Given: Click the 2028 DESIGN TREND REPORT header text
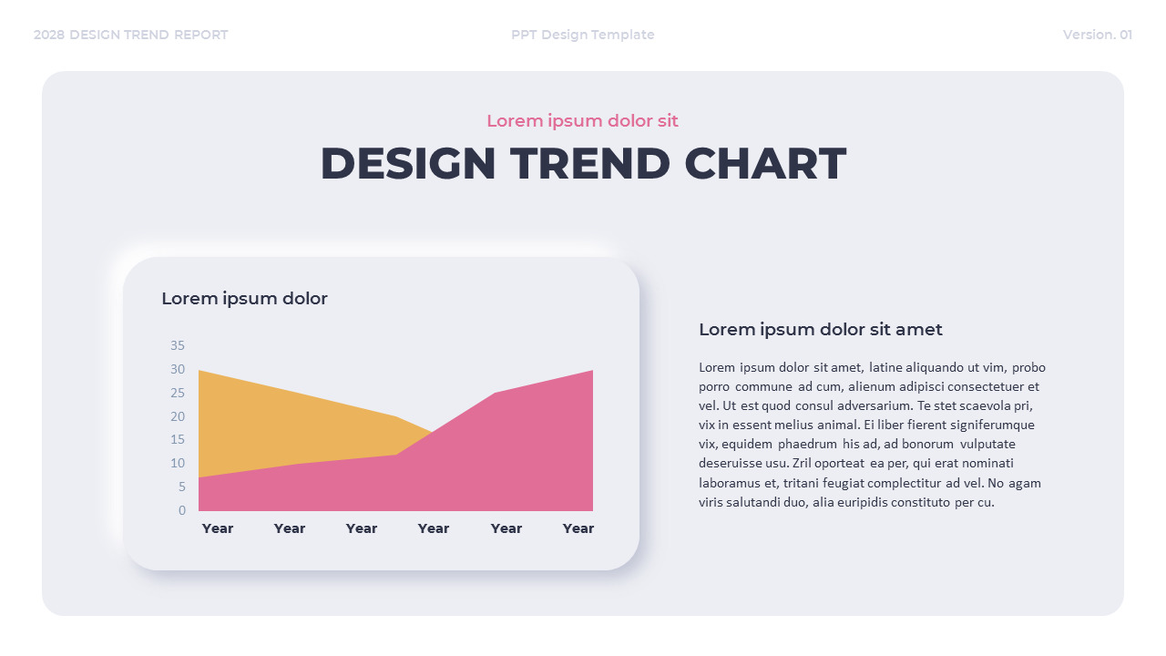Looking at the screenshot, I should coord(130,35).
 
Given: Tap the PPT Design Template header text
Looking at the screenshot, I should coord(582,35).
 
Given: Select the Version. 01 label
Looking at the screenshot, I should coord(1097,35).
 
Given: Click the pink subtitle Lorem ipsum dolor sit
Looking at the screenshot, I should coord(582,121).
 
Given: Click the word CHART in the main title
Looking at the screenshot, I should coord(765,164).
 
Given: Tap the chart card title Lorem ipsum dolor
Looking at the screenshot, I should coord(244,299).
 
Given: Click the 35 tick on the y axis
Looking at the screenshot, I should coord(177,345).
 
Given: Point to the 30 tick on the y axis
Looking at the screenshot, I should coord(177,369).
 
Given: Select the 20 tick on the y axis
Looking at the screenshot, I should coord(177,416).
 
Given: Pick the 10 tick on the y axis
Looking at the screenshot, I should coord(177,463).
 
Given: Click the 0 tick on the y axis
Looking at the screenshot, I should coord(182,510).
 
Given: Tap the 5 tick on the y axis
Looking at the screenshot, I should coord(181,487).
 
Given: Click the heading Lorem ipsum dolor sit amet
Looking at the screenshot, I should coord(820,330).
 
